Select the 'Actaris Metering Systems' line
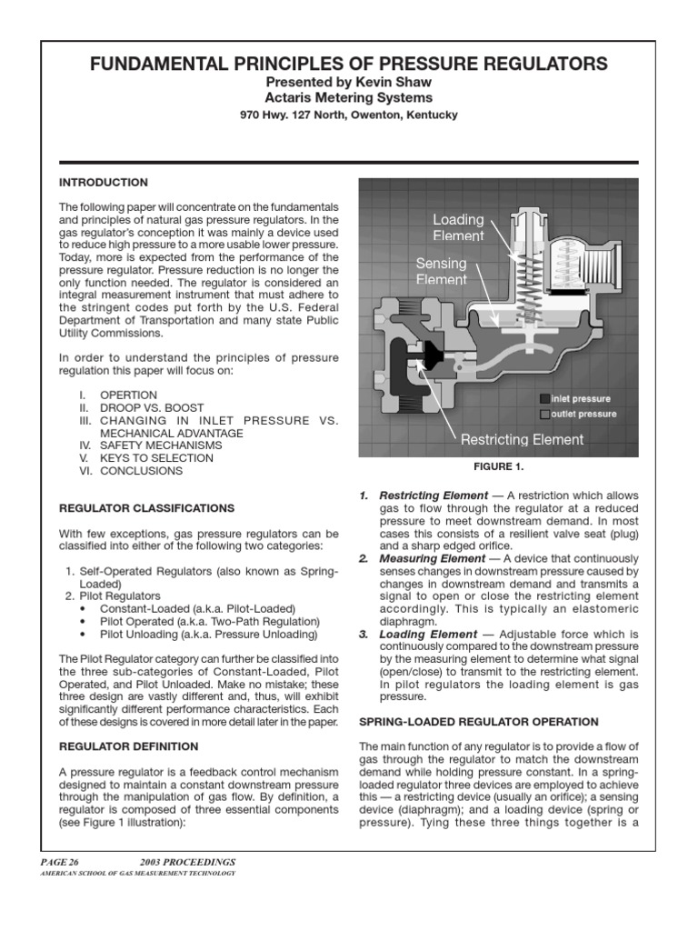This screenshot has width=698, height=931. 349,98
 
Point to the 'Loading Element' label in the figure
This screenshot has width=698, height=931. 458,228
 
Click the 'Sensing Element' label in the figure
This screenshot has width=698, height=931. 441,271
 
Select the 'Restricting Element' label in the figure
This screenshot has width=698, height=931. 522,440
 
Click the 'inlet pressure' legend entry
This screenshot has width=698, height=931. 580,398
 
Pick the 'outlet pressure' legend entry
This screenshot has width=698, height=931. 583,414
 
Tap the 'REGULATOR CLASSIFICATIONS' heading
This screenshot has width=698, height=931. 146,507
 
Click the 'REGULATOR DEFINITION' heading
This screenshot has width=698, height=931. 128,746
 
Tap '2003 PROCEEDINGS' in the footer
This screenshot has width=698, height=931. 187,861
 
